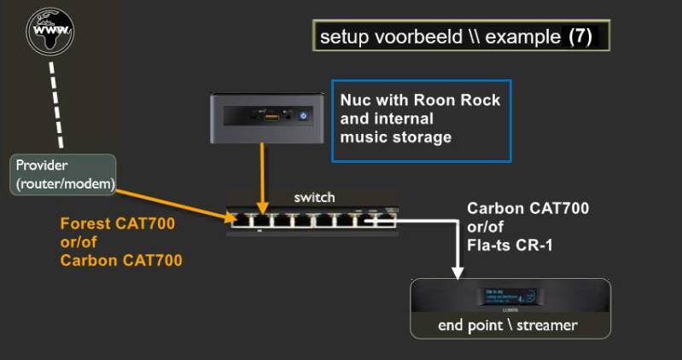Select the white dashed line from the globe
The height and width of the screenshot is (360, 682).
coord(59,102)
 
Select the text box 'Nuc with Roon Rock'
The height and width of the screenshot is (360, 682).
coord(421,119)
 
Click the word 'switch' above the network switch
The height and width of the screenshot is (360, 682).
coord(314,197)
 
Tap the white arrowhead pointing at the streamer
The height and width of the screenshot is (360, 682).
coord(458,272)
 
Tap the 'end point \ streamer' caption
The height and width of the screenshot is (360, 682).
coord(507,325)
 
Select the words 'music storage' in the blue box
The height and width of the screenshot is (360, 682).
coord(395,137)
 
